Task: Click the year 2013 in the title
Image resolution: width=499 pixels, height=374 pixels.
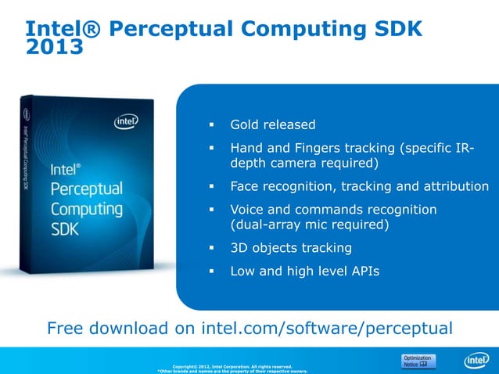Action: click(55, 49)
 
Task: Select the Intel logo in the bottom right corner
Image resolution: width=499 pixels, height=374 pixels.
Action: click(476, 361)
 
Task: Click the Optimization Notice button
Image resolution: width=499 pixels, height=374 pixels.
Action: click(416, 361)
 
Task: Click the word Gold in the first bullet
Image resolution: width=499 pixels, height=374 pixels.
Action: click(245, 124)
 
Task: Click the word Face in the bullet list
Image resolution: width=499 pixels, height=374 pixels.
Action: click(245, 186)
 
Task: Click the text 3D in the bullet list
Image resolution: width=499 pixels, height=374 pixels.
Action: click(239, 248)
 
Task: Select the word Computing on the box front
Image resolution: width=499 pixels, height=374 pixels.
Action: click(86, 210)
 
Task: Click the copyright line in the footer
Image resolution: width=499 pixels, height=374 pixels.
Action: click(232, 366)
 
